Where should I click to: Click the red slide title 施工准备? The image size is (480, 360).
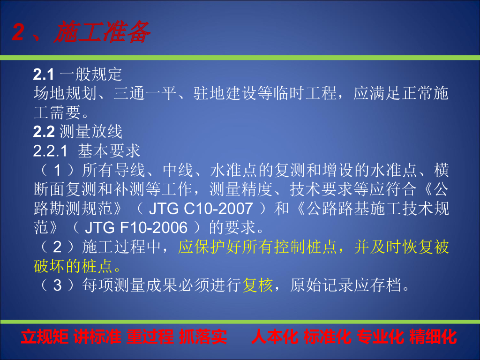(x=102, y=32)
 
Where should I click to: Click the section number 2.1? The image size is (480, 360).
(x=44, y=75)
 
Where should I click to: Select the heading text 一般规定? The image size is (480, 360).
(x=90, y=75)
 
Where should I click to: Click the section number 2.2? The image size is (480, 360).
(x=44, y=132)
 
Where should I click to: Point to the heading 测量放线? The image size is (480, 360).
(x=90, y=132)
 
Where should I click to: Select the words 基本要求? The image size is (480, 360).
(x=109, y=151)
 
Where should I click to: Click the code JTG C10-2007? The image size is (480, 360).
(x=201, y=209)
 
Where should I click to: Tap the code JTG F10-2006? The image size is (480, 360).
(x=136, y=228)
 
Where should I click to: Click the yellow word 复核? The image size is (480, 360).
(x=257, y=285)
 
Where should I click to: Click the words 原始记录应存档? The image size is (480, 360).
(x=345, y=285)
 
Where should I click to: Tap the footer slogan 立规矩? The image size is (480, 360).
(x=45, y=337)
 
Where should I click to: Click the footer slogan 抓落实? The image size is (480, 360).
(x=202, y=337)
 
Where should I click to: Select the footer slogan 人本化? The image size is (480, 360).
(x=275, y=337)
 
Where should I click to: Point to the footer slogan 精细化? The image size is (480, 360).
(x=433, y=337)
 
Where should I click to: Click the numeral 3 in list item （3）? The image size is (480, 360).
(x=57, y=285)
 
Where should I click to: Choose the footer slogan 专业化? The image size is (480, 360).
(x=380, y=337)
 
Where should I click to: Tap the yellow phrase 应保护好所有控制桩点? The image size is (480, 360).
(x=257, y=247)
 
